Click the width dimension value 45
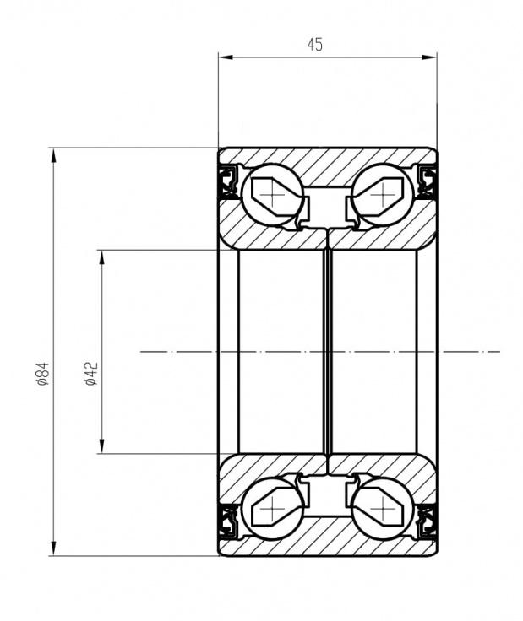pyautogui.click(x=315, y=45)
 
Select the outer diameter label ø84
pyautogui.click(x=42, y=373)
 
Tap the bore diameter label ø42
pyautogui.click(x=90, y=373)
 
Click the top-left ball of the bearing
pyautogui.click(x=272, y=195)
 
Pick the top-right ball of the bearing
pyautogui.click(x=383, y=195)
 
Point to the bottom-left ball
pyautogui.click(x=272, y=509)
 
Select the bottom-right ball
pyautogui.click(x=383, y=509)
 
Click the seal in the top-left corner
pyautogui.click(x=228, y=181)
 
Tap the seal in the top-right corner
pyautogui.click(x=428, y=181)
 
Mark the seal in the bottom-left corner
pyautogui.click(x=228, y=521)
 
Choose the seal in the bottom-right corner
pyautogui.click(x=428, y=521)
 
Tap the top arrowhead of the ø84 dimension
pyautogui.click(x=53, y=155)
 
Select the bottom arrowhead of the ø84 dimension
pyautogui.click(x=53, y=548)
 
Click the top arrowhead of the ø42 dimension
pyautogui.click(x=102, y=257)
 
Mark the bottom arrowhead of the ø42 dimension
pyautogui.click(x=102, y=446)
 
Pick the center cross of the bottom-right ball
pyautogui.click(x=382, y=509)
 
